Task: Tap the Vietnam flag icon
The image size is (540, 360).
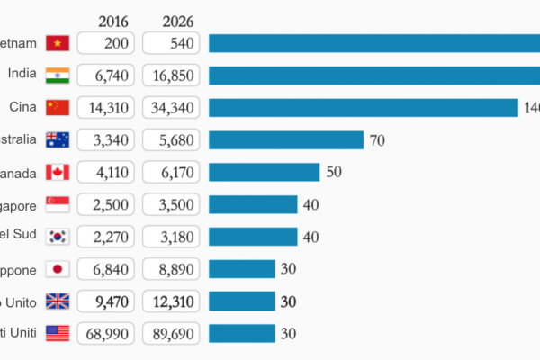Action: tap(58, 43)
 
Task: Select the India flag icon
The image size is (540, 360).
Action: tap(58, 76)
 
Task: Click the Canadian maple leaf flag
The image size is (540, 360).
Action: tap(58, 172)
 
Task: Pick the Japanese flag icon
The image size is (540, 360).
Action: tap(58, 268)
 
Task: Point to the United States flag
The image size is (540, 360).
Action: tap(58, 333)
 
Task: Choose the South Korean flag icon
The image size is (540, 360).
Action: tap(58, 237)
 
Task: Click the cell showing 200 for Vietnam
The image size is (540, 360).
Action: tap(105, 43)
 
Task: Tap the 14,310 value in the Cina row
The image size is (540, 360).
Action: tap(105, 108)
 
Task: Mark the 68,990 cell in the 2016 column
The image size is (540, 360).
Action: tap(105, 333)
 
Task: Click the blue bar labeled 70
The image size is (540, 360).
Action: tap(285, 140)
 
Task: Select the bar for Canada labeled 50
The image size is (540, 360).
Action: tap(264, 172)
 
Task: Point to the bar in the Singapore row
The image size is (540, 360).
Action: tap(253, 204)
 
